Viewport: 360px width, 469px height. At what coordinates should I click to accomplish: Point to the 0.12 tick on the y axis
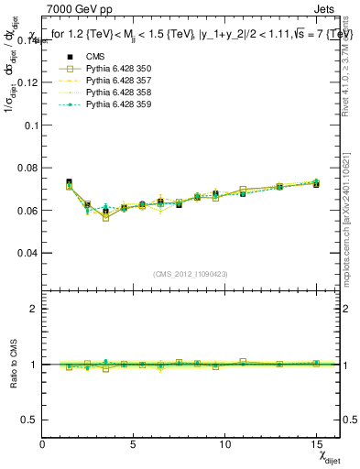pyautogui.click(x=27, y=82)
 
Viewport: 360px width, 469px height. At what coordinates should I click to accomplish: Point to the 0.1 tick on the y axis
pyautogui.click(x=30, y=125)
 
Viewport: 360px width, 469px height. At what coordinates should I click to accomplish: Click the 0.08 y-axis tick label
pyautogui.click(x=27, y=168)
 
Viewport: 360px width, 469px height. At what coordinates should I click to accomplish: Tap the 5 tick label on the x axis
pyautogui.click(x=134, y=445)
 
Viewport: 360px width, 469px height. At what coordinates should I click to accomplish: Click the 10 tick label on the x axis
pyautogui.click(x=224, y=445)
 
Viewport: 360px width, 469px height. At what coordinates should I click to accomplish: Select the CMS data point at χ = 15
pyautogui.click(x=316, y=184)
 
